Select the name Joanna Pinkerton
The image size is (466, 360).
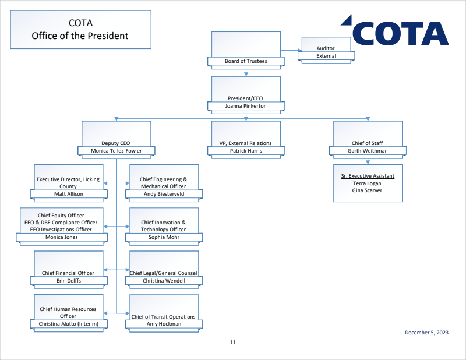pyautogui.click(x=246, y=106)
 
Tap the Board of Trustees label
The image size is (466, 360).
pyautogui.click(x=246, y=61)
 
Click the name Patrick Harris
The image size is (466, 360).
pyautogui.click(x=246, y=151)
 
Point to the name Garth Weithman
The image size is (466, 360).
pyautogui.click(x=367, y=151)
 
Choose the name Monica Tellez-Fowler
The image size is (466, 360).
pyautogui.click(x=116, y=151)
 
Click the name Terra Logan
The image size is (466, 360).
pyautogui.click(x=367, y=183)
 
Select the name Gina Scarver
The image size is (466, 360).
pyautogui.click(x=367, y=190)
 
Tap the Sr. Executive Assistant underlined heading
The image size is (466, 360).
pyautogui.click(x=367, y=175)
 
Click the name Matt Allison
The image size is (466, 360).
pyautogui.click(x=69, y=194)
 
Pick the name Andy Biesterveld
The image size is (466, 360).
pyautogui.click(x=164, y=194)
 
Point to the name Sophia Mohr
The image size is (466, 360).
pyautogui.click(x=164, y=237)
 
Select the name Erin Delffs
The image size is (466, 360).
pyautogui.click(x=69, y=280)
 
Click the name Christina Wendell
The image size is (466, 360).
pyautogui.click(x=164, y=280)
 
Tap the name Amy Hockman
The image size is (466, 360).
pyautogui.click(x=164, y=324)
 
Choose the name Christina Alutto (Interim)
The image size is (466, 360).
pyautogui.click(x=69, y=324)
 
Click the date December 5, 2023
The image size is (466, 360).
pyautogui.click(x=427, y=333)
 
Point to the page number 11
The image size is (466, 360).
pyautogui.click(x=232, y=343)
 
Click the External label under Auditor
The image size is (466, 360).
pyautogui.click(x=326, y=56)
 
